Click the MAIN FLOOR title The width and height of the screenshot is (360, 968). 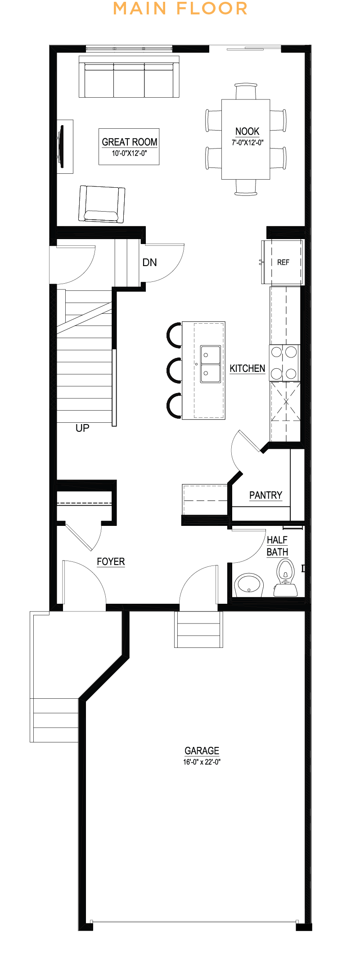tap(180, 9)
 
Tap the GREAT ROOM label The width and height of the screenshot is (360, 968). tap(130, 142)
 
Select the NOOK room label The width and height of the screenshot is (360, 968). tap(247, 131)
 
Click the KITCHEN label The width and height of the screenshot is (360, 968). tap(247, 368)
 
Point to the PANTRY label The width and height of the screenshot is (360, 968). tap(266, 495)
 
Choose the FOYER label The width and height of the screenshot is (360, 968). tap(111, 561)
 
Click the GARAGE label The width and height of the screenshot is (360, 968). tap(202, 751)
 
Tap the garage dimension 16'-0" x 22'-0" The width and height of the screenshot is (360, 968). tap(202, 762)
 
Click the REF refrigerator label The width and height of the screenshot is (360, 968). tap(283, 262)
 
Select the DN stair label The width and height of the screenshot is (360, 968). tap(149, 262)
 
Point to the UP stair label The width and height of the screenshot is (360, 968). tap(82, 428)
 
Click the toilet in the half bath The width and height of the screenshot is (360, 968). tap(285, 578)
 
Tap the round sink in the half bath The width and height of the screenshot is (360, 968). tap(248, 585)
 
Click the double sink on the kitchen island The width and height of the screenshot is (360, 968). tap(210, 364)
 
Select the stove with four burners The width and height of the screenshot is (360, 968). tap(284, 362)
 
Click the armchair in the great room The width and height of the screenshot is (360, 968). tap(102, 204)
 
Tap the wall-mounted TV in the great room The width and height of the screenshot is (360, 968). tap(61, 146)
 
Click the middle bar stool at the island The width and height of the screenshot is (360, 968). tap(174, 370)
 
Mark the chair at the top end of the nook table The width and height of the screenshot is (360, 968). tap(246, 91)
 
